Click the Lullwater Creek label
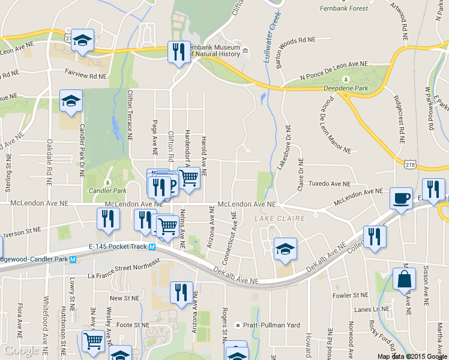click(x=269, y=38)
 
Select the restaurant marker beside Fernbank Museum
click(x=178, y=52)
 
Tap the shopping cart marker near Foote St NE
click(x=93, y=341)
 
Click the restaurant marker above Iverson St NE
click(x=108, y=219)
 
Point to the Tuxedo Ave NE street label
click(x=329, y=184)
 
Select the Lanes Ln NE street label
click(x=369, y=310)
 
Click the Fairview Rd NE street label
click(x=85, y=76)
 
